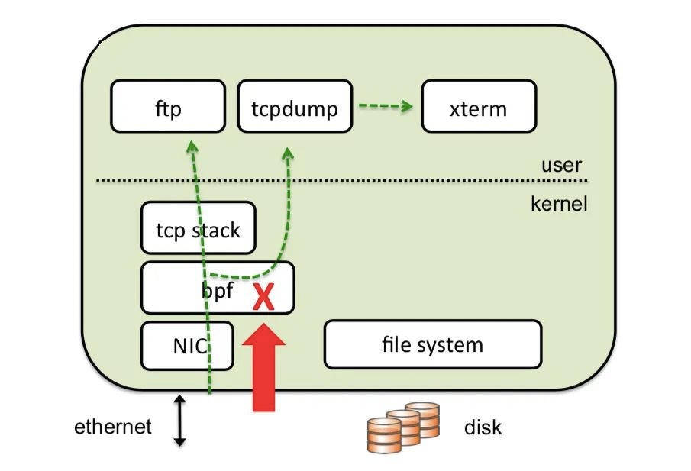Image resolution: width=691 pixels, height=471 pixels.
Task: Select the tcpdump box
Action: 294,108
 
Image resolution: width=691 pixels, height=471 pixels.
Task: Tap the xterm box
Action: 478,108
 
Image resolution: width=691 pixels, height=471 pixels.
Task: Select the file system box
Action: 432,344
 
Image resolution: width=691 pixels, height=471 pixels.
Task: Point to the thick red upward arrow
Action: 263,370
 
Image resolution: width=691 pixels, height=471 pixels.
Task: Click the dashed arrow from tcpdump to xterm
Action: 386,106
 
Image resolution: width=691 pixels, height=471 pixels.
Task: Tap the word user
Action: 561,165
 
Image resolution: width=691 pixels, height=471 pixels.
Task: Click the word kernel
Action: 559,204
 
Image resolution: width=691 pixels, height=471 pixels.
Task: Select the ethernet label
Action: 113,426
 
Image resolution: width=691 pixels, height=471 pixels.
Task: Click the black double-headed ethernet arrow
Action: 180,421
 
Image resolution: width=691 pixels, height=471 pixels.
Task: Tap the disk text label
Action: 483,427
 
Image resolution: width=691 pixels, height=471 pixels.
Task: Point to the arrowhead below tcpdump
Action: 289,153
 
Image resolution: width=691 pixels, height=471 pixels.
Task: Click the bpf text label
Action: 218,290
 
